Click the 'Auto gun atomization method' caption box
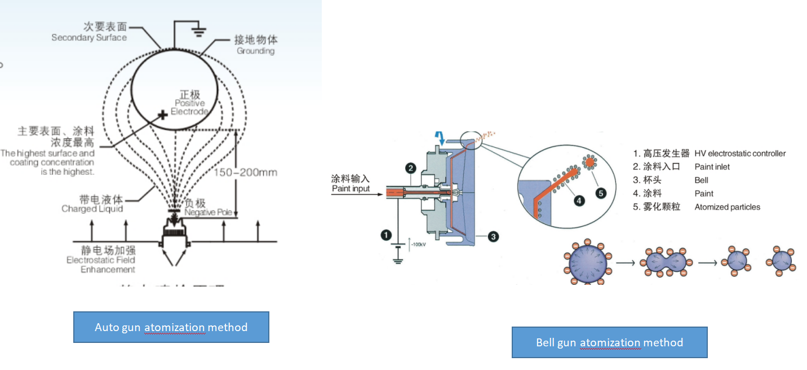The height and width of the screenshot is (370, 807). [x=171, y=327]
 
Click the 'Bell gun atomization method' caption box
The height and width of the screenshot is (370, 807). [x=609, y=342]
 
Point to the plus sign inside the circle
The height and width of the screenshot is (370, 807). [x=162, y=115]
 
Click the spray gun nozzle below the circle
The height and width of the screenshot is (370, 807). [x=178, y=236]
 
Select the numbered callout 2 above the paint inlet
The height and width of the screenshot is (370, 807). [x=410, y=168]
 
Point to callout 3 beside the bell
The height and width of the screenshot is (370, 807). [x=493, y=237]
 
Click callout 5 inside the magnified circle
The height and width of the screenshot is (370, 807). [x=601, y=193]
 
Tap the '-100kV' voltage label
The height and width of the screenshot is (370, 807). [x=418, y=244]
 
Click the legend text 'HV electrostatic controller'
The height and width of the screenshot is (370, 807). [x=739, y=153]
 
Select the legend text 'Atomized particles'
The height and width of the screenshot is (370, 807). [x=727, y=207]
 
